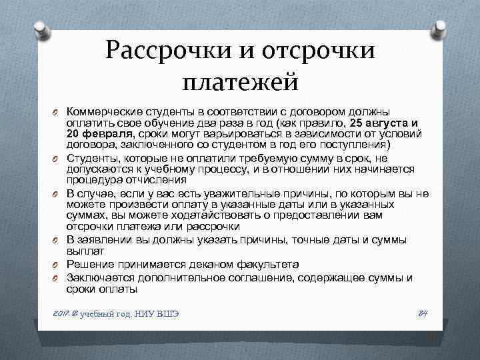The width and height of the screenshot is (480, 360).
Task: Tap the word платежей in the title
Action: coord(239,82)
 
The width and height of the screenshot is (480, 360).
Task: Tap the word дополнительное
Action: coord(171,277)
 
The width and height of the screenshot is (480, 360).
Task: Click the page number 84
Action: coord(421,313)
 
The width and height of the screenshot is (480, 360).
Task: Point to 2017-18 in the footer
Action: coord(64,313)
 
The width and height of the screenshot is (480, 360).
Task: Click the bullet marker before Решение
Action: coord(55,265)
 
